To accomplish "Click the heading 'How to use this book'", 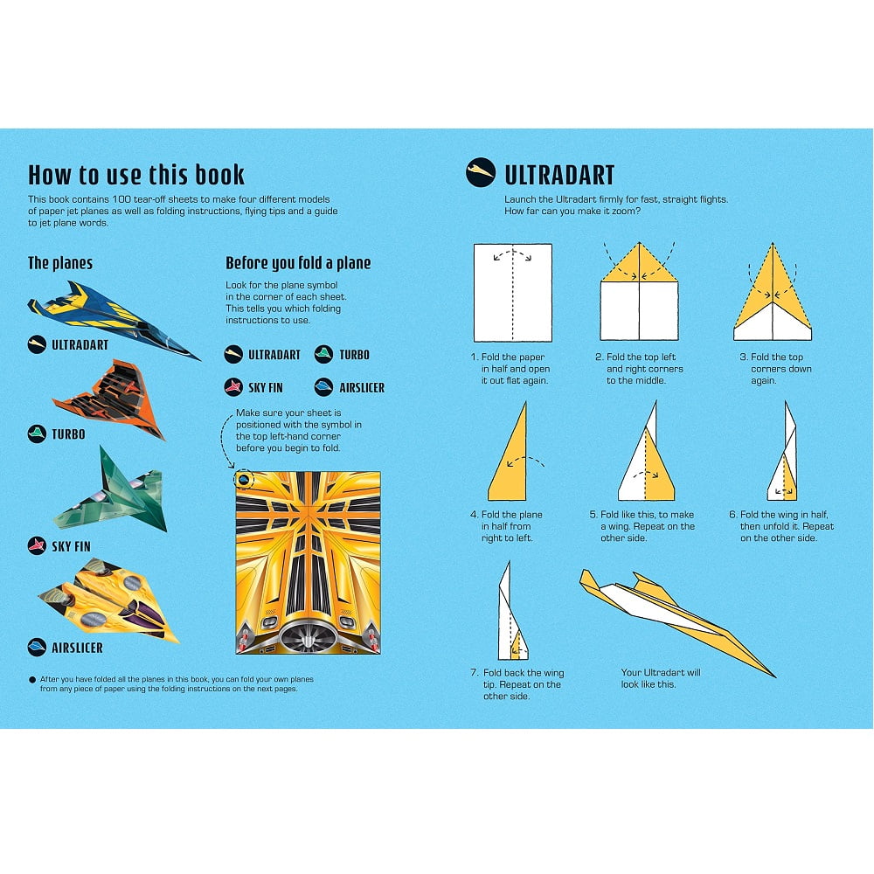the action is (x=136, y=175).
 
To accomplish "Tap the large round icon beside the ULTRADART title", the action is (x=481, y=171).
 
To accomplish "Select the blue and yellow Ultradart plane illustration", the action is (x=114, y=320).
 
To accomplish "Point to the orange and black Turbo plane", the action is (x=109, y=399).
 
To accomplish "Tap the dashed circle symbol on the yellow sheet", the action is (x=244, y=479).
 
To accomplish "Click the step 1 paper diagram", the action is (x=513, y=293).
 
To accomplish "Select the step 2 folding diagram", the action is (x=640, y=291).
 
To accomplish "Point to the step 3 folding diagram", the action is (x=773, y=292).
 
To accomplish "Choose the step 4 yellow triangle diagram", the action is (x=508, y=452).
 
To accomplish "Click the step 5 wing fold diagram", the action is (x=647, y=451).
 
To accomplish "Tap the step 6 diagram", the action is (x=782, y=451).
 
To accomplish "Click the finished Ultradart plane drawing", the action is (x=677, y=622).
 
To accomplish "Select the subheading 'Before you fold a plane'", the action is (x=298, y=262).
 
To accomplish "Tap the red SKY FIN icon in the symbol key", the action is (x=233, y=387).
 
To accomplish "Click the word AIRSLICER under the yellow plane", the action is (x=77, y=648).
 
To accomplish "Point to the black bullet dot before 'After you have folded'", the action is (x=32, y=680).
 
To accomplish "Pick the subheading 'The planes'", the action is (x=60, y=263).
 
